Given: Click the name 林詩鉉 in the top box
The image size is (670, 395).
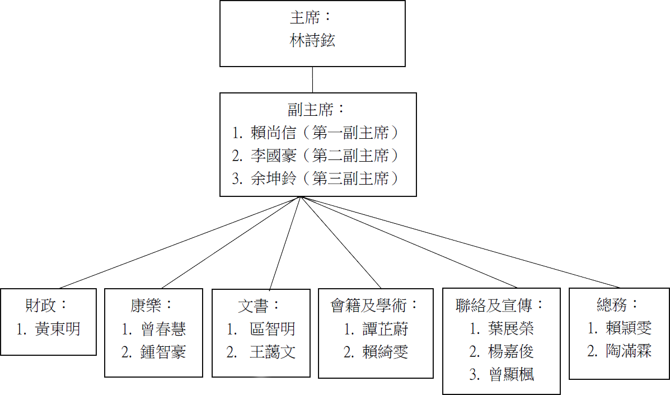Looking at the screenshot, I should [312, 40].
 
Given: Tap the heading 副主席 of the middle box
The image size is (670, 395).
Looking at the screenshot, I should [313, 109].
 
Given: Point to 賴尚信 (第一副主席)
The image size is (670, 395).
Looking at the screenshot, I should [317, 133].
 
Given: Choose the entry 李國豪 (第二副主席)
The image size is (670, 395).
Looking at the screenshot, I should [317, 155].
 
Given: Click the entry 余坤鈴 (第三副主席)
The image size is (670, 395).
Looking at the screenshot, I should [317, 178].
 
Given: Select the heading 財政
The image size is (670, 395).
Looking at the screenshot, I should [42, 305].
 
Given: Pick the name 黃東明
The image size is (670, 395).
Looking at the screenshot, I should [57, 328].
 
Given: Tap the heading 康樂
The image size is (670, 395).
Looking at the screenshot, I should [145, 305].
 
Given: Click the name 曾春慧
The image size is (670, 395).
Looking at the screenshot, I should [163, 328].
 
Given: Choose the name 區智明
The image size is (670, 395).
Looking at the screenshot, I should [272, 328].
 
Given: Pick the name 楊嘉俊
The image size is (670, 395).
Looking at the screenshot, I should [510, 351].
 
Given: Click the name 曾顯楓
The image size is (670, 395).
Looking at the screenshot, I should [510, 374].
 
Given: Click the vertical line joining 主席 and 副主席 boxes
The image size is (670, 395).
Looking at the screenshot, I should [312, 79].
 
